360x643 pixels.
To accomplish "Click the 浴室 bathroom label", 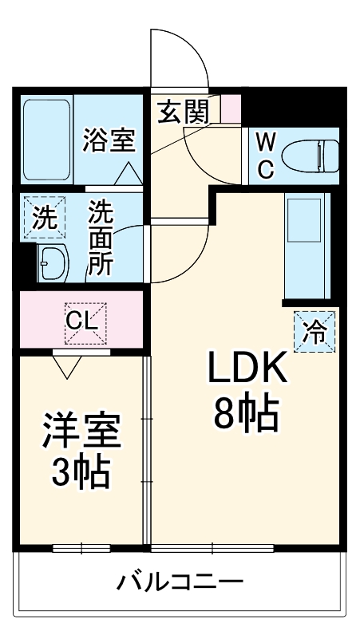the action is pos(109,140).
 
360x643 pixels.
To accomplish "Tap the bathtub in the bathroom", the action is pos(46,140).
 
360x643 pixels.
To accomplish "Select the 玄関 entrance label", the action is pos(184,112).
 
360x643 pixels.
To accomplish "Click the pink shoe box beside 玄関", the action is pos(231,108).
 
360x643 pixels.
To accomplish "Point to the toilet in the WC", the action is pos(311,156).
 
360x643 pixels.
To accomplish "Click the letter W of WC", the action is pos(266,143).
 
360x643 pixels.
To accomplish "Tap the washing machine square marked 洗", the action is pos(45,217).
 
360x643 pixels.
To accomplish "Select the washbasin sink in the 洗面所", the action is pos(53,262).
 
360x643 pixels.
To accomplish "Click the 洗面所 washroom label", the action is pos(101,239).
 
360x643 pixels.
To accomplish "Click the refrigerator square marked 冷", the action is pos(315,332).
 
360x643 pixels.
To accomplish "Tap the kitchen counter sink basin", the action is pos(304,220).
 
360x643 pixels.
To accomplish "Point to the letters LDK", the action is pos(247,368).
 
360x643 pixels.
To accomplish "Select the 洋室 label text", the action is pos(82,431).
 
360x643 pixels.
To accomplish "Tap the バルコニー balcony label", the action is pos(180,582).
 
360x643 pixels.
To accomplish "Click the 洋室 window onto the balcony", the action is pos(81,548).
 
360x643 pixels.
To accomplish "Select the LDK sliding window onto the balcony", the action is pos(212,548).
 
